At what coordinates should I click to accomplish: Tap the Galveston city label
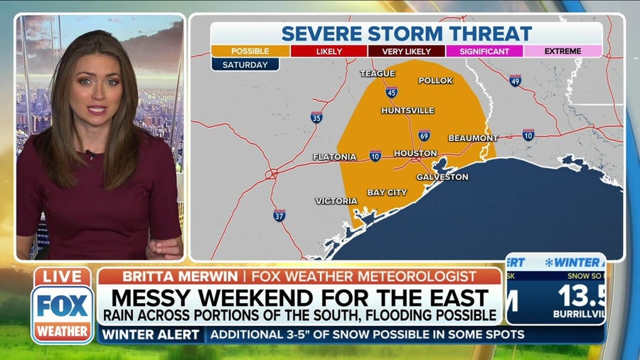tap(442, 176)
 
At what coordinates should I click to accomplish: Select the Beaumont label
tap(473, 138)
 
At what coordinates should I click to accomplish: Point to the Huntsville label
tap(407, 110)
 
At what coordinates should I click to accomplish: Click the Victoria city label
tap(336, 201)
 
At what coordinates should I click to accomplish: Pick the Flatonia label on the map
tap(334, 157)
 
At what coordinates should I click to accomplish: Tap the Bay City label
tap(387, 192)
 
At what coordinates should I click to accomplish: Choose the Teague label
tap(377, 73)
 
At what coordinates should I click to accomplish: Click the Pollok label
tap(435, 80)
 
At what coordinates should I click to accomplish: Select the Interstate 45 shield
tap(392, 92)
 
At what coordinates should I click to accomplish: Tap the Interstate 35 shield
tap(316, 117)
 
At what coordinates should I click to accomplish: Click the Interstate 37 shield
tap(279, 215)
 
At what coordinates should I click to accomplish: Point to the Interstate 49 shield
tap(516, 80)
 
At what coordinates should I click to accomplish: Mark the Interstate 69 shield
tap(424, 135)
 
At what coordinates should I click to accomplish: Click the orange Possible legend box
tap(250, 51)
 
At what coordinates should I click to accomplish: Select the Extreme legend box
tap(563, 51)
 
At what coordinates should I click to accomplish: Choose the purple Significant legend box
tap(485, 51)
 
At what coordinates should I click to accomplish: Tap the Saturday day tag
tap(245, 65)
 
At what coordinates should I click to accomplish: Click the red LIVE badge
tap(63, 277)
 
